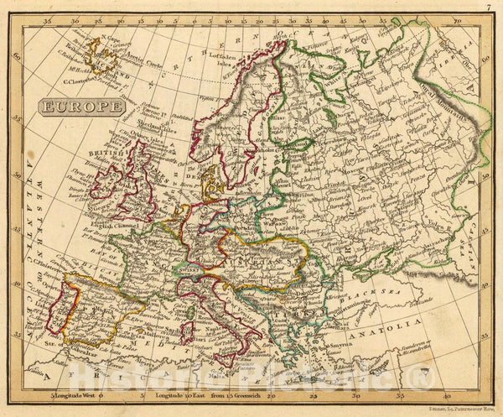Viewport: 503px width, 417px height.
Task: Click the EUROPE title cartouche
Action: [80, 107]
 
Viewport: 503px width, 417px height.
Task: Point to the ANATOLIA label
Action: [397, 320]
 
